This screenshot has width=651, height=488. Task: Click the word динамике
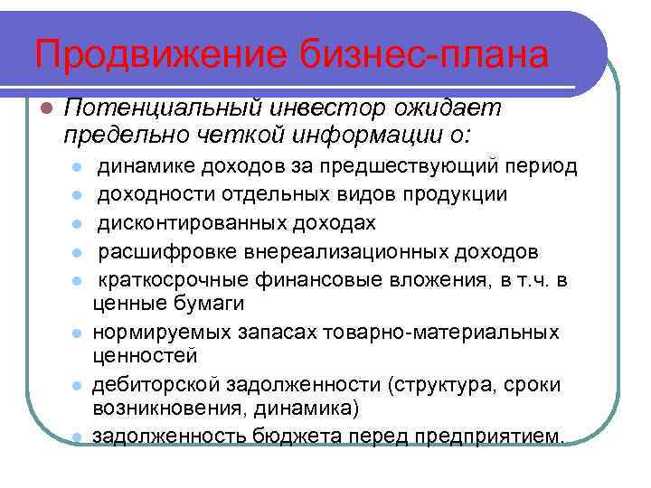tap(142, 167)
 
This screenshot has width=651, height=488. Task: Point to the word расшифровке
tap(156, 249)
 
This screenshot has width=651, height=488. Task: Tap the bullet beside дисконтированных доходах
tap(79, 222)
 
